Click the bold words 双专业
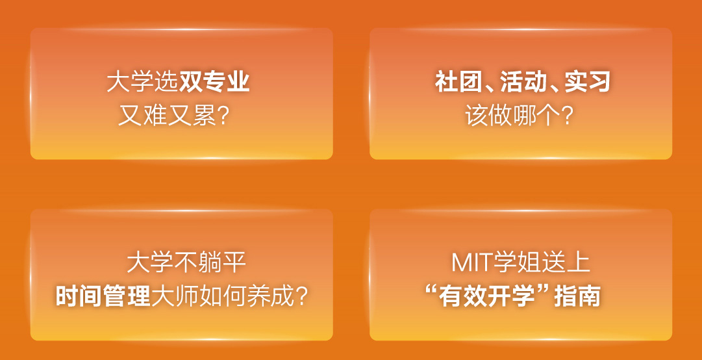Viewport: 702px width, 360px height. (x=214, y=83)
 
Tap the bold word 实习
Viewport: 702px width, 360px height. (x=588, y=83)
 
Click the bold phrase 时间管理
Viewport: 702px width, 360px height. (x=103, y=296)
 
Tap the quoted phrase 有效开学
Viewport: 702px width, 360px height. (x=488, y=296)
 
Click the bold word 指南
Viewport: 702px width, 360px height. (x=577, y=296)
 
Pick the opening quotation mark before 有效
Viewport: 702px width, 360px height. (x=432, y=291)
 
